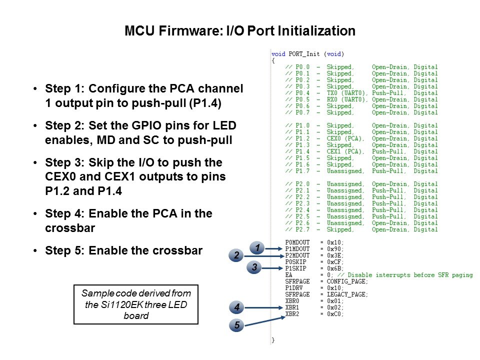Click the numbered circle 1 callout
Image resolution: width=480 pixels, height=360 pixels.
(256, 247)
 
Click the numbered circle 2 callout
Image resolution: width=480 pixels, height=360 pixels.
(236, 255)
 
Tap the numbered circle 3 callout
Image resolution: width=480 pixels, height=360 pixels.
(254, 268)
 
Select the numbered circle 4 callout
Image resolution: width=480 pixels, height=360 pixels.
(236, 306)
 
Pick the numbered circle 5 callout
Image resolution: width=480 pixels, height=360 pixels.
(236, 325)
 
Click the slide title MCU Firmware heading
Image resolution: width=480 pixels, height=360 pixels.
(239, 31)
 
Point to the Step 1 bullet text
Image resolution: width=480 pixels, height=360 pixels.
(143, 95)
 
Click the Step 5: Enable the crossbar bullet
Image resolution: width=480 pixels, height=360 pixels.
(123, 250)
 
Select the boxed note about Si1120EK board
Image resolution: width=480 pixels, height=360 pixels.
(136, 304)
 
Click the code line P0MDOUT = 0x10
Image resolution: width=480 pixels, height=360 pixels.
(314, 242)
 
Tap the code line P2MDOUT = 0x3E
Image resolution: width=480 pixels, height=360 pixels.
(314, 255)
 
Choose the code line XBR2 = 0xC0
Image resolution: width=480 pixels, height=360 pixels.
(314, 313)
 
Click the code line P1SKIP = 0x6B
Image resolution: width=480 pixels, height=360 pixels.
(314, 268)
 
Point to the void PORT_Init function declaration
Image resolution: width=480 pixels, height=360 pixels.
(307, 53)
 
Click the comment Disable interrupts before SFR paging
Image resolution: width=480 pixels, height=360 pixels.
(410, 275)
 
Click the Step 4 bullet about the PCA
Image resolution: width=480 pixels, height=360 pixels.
(128, 219)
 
